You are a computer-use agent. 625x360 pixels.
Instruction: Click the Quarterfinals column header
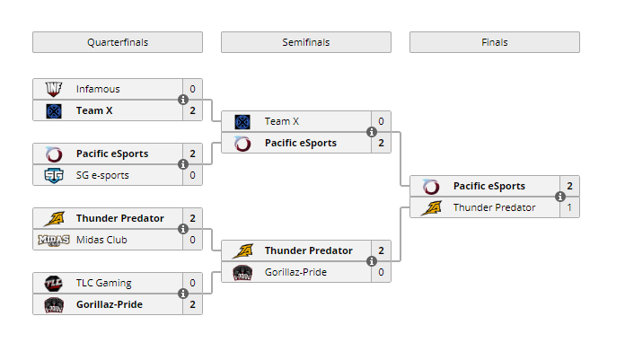[x=118, y=42]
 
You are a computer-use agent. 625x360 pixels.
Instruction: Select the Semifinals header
[x=306, y=42]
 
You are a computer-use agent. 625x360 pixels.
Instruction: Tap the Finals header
[x=495, y=42]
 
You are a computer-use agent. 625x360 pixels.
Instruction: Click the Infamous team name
[x=98, y=89]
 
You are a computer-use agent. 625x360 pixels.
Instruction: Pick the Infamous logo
[x=54, y=89]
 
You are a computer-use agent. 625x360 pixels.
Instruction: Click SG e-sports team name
[x=102, y=175]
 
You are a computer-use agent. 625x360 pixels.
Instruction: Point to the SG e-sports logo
[x=54, y=175]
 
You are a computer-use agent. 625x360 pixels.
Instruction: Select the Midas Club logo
[x=54, y=240]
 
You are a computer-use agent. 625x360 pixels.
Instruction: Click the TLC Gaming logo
[x=54, y=283]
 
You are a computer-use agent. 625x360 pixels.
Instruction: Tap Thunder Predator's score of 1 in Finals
[x=569, y=207]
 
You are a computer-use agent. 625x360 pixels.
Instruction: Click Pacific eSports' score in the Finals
[x=569, y=186]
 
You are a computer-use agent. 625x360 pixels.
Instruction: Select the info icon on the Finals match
[x=560, y=197]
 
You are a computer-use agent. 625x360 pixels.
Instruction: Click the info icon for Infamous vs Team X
[x=183, y=100]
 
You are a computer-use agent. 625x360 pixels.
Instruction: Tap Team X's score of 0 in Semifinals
[x=381, y=121]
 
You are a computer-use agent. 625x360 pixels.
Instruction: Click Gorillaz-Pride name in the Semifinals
[x=295, y=272]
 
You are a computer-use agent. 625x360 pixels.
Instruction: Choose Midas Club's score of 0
[x=192, y=240]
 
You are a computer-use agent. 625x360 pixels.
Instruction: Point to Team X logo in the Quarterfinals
[x=54, y=110]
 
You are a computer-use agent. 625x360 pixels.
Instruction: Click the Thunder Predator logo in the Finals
[x=431, y=207]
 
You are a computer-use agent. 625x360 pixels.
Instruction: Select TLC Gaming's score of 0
[x=192, y=283]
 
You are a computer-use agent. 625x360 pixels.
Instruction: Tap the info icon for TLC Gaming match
[x=183, y=294]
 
